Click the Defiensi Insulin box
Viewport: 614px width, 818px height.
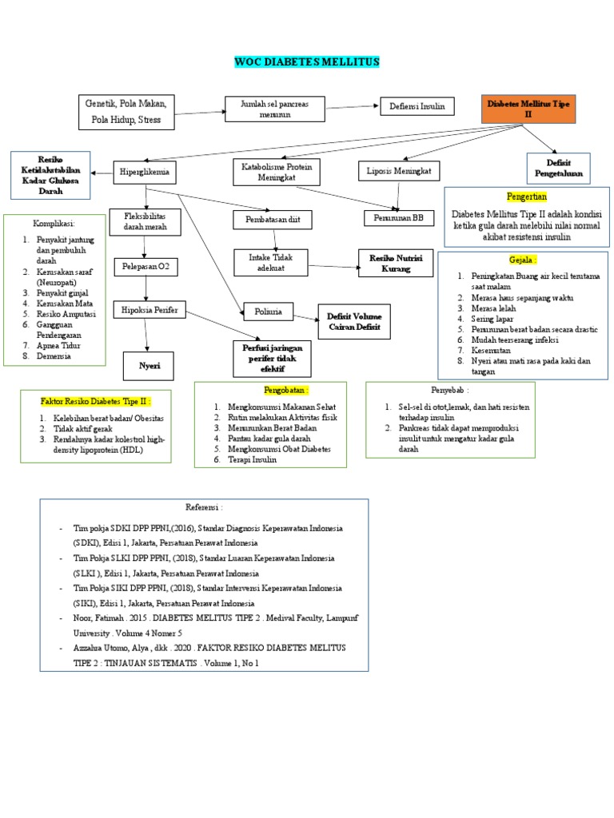(x=417, y=106)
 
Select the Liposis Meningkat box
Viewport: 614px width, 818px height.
(x=398, y=170)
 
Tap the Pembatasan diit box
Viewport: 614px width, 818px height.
(x=273, y=219)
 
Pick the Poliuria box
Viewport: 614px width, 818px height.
(x=268, y=310)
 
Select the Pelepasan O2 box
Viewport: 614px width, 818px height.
(x=145, y=265)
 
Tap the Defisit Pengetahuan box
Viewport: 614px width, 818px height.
(x=558, y=168)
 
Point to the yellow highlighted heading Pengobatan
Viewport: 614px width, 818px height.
(x=285, y=389)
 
